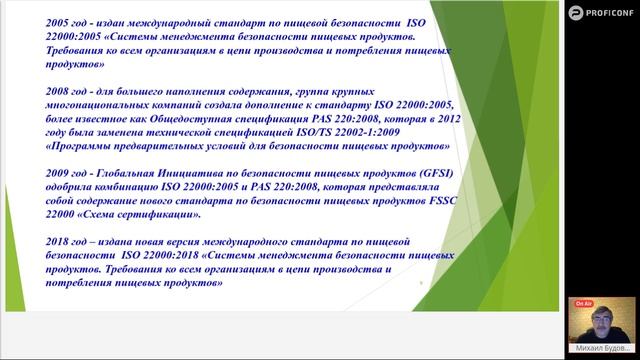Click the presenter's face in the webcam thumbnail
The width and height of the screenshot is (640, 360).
pos(603,322)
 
